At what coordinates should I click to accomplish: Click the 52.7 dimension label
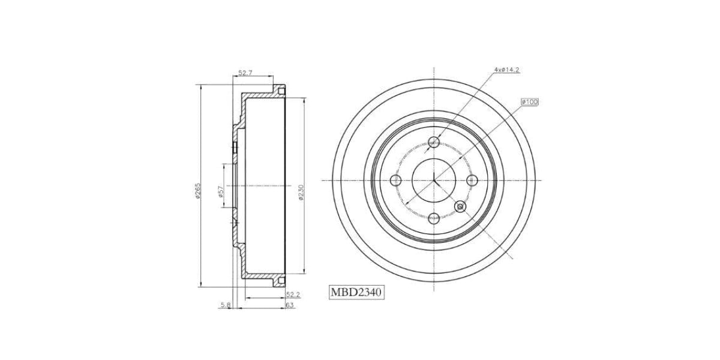tap(245, 73)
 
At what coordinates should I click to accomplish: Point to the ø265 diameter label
tap(197, 190)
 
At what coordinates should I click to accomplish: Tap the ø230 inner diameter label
tap(300, 192)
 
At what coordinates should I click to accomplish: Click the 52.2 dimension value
tap(293, 294)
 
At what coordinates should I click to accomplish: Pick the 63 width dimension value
tap(289, 305)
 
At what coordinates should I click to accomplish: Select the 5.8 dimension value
tap(225, 305)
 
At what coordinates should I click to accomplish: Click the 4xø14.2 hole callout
tap(506, 70)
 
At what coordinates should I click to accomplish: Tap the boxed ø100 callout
tap(530, 102)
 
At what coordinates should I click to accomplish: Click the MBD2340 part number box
tap(356, 293)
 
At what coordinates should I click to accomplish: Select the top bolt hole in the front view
tap(434, 142)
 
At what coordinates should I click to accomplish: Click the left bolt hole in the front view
tap(395, 181)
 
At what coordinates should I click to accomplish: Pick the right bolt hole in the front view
tap(472, 181)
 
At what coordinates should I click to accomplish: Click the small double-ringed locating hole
tap(461, 206)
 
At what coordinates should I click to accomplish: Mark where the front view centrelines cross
tap(434, 181)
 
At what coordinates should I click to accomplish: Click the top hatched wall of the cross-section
tap(261, 94)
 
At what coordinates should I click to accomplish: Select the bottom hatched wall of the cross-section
tap(261, 278)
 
